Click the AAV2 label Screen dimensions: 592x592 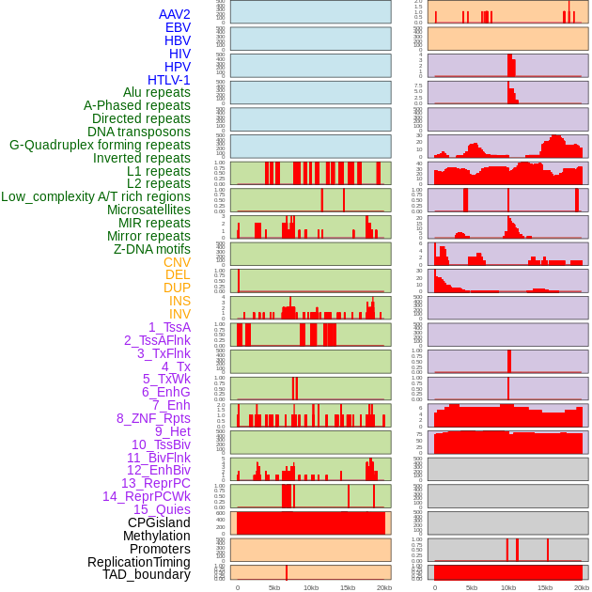pyautogui.click(x=174, y=14)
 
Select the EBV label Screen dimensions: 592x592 pyautogui.click(x=178, y=27)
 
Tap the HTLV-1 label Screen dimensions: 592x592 pyautogui.click(x=168, y=80)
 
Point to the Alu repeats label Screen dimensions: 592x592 pyautogui.click(x=156, y=92)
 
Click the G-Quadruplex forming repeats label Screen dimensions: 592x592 pyautogui.click(x=100, y=145)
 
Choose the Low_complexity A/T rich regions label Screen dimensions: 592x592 pyautogui.click(x=96, y=196)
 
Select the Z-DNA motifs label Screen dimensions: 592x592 pyautogui.click(x=151, y=249)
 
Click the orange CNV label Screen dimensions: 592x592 pyautogui.click(x=177, y=262)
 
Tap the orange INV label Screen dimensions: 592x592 pyautogui.click(x=179, y=314)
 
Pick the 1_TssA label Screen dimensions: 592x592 pyautogui.click(x=169, y=327)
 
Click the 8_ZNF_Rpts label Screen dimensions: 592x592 pyautogui.click(x=153, y=418)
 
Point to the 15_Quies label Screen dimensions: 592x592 pyautogui.click(x=162, y=509)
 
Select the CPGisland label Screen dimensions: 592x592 pyautogui.click(x=159, y=522)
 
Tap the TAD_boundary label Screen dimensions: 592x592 pyautogui.click(x=146, y=574)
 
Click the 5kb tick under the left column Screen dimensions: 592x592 pyautogui.click(x=274, y=587)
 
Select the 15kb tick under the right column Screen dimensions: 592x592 pyautogui.click(x=545, y=587)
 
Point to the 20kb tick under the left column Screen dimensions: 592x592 pyautogui.click(x=384, y=587)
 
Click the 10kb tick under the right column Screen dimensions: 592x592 pyautogui.click(x=508, y=587)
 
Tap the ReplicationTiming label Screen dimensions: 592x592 pyautogui.click(x=138, y=562)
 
